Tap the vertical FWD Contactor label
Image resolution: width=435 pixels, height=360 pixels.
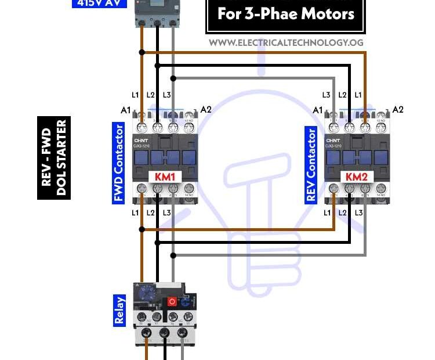(x=119, y=163)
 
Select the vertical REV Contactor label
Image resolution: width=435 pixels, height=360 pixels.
(x=311, y=165)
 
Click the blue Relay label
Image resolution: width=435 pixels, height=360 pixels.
(x=119, y=310)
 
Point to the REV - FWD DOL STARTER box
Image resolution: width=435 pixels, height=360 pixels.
(x=54, y=158)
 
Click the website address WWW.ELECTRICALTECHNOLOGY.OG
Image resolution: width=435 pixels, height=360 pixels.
(x=286, y=42)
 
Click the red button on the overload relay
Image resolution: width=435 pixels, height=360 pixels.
(x=172, y=301)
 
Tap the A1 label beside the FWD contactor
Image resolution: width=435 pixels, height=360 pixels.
(x=125, y=110)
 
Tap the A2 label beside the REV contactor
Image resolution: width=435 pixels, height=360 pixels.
(x=398, y=109)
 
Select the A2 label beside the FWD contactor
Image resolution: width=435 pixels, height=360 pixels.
(x=205, y=109)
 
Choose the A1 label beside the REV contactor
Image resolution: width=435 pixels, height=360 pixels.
(x=318, y=110)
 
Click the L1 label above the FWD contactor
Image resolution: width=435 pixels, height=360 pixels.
(x=136, y=95)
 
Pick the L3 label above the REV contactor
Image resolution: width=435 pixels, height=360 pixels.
(x=327, y=95)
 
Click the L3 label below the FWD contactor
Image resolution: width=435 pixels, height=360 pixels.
(x=167, y=213)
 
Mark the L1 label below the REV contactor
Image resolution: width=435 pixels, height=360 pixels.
(x=327, y=213)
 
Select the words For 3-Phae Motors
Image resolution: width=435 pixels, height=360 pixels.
(x=285, y=14)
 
